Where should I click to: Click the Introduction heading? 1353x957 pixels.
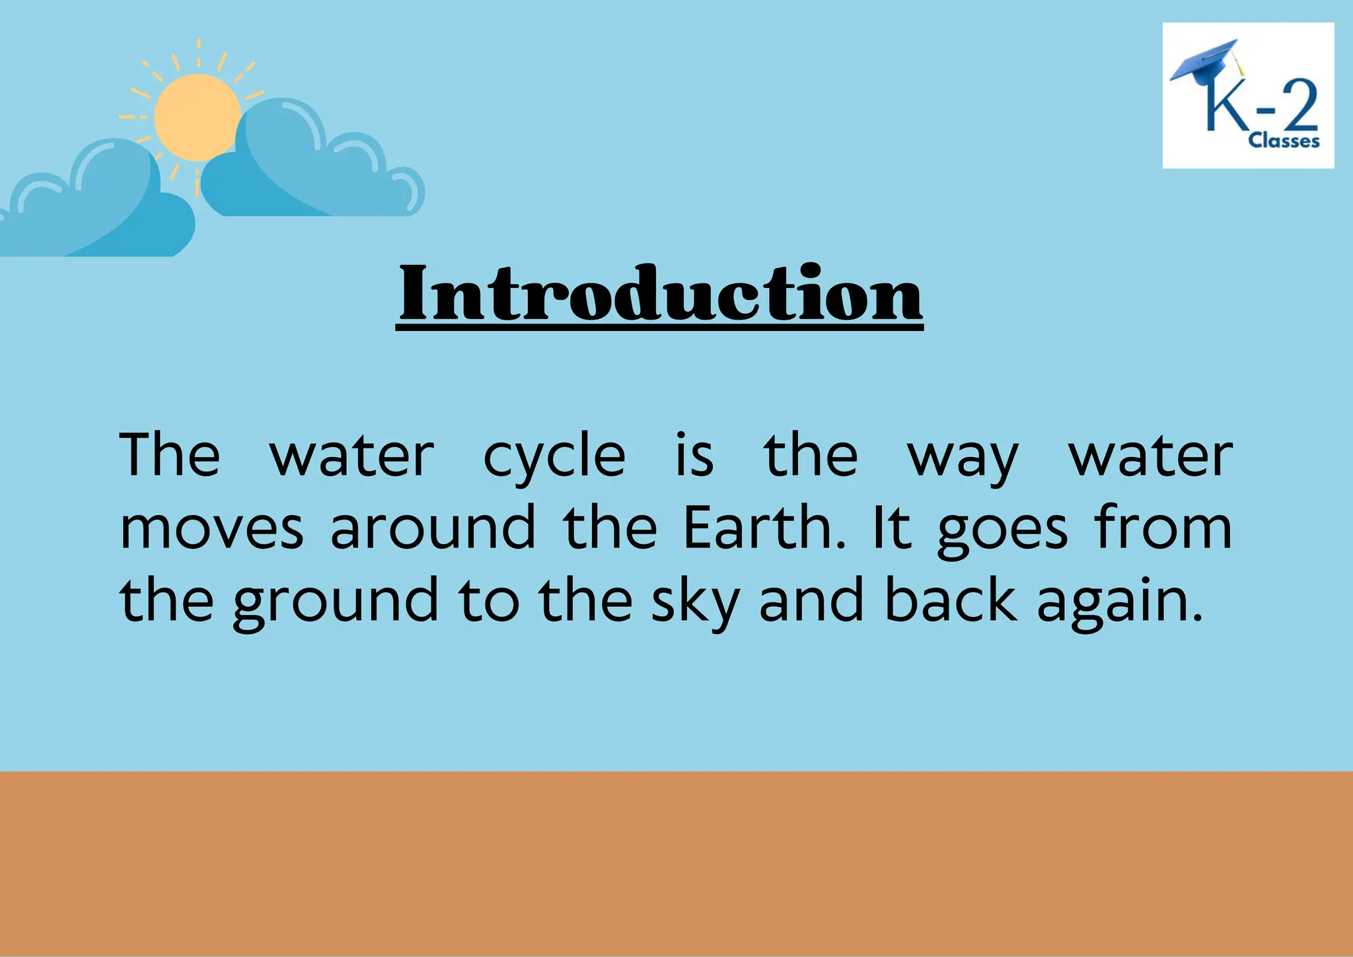coord(660,294)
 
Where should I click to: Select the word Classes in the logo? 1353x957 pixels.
coord(1283,141)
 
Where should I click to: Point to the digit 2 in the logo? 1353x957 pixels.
coord(1299,106)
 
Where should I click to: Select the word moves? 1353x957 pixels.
coord(211,530)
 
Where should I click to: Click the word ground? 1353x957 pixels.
coord(336,602)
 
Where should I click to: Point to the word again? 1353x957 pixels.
coord(1119,602)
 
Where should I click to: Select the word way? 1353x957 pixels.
coord(963,458)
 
